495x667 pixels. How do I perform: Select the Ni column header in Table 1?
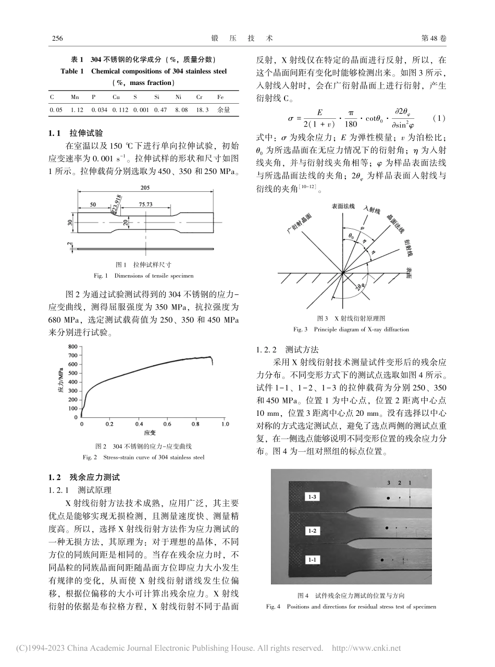click(178, 97)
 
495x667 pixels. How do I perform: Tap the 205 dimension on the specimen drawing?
click(146, 189)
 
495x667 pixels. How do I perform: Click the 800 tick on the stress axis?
click(72, 347)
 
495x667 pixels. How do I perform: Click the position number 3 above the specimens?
click(389, 483)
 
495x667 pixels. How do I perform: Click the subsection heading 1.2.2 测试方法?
click(289, 349)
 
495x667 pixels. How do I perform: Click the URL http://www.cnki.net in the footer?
click(367, 649)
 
